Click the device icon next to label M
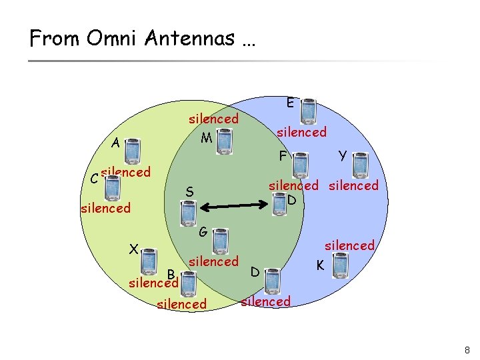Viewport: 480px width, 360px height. click(224, 141)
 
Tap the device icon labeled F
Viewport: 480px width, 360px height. click(301, 163)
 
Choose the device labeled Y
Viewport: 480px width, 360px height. click(359, 163)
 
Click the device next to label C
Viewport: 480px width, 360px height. click(113, 187)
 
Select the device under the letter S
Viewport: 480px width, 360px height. click(188, 213)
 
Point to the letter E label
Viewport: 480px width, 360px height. click(291, 103)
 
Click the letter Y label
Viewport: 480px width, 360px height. click(342, 155)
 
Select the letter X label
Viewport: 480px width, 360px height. click(133, 250)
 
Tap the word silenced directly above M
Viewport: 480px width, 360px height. click(213, 119)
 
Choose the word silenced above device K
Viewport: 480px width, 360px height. click(349, 245)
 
